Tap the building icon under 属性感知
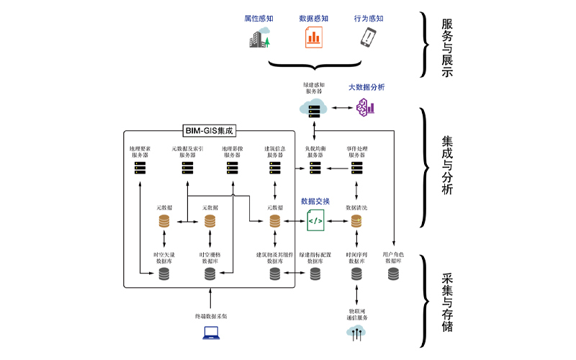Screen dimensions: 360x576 pos(257,37)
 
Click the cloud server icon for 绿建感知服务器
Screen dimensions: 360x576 pos(314,109)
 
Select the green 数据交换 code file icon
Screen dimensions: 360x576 pos(315,221)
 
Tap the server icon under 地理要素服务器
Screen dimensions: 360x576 pos(140,168)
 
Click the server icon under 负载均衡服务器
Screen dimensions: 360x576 pos(315,168)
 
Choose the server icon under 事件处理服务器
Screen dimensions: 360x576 pos(356,168)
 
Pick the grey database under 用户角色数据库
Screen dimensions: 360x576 pos(393,274)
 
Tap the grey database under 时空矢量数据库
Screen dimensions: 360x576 pos(165,274)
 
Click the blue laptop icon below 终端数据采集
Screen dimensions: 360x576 pos(210,333)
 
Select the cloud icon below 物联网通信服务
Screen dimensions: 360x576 pos(356,331)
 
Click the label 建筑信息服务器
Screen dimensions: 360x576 pos(274,152)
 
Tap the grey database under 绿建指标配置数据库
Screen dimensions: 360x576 pos(315,274)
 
